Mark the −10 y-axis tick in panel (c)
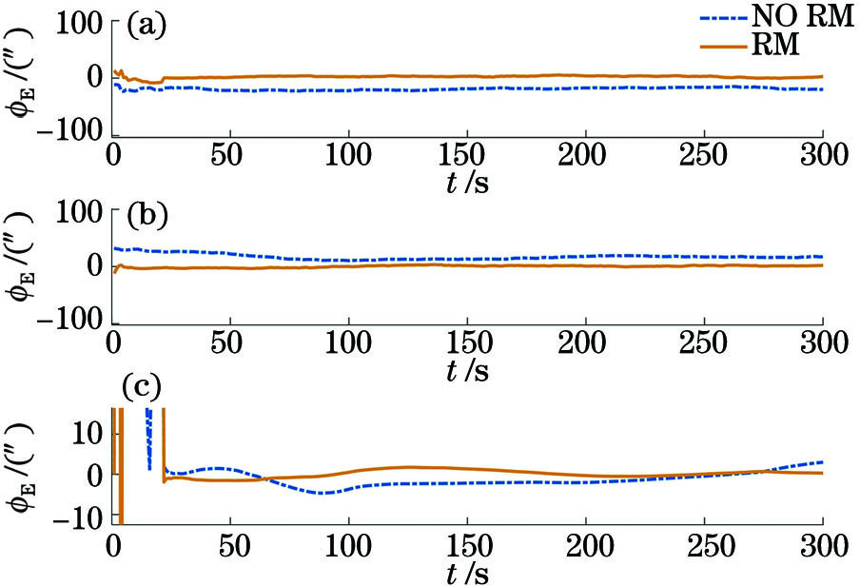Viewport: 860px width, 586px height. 79,518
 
